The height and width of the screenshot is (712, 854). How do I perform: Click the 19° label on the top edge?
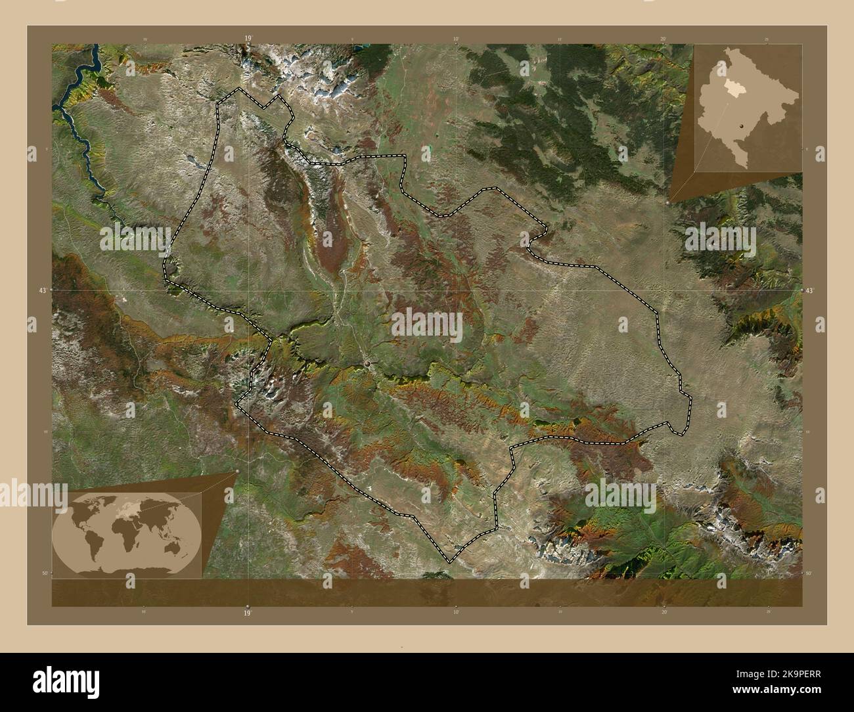tap(248, 39)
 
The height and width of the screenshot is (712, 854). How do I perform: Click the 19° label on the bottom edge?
tap(248, 612)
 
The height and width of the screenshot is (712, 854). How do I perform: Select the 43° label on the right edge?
tap(810, 290)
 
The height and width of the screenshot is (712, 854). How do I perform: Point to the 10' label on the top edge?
tap(456, 39)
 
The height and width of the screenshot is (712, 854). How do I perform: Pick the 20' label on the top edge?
tap(663, 39)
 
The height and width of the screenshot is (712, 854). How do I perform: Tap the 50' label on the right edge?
tap(809, 573)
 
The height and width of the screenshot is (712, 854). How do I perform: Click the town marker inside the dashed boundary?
tap(368, 363)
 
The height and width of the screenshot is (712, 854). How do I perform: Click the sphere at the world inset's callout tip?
tap(236, 472)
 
